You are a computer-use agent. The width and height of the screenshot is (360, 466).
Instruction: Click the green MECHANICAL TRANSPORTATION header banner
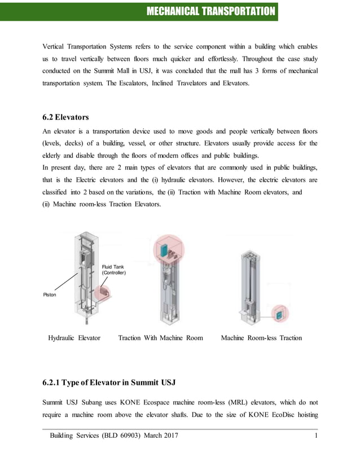[x=210, y=11]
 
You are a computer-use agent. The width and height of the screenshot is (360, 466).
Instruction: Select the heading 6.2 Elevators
[x=65, y=117]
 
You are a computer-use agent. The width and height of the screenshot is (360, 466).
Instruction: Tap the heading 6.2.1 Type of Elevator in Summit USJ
[x=109, y=383]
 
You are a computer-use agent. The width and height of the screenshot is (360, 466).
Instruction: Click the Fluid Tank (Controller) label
[x=113, y=269]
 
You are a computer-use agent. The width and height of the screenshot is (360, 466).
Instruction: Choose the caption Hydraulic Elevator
[x=74, y=338]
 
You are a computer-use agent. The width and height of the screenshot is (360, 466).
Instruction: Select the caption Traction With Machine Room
[x=160, y=338]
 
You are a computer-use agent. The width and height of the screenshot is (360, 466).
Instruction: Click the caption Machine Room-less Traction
[x=261, y=338]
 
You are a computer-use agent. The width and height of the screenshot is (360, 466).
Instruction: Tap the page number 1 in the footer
[x=316, y=437]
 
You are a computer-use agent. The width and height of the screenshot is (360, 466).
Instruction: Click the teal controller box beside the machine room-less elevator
[x=278, y=314]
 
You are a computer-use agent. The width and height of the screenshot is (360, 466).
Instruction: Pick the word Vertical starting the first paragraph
[x=56, y=45]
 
